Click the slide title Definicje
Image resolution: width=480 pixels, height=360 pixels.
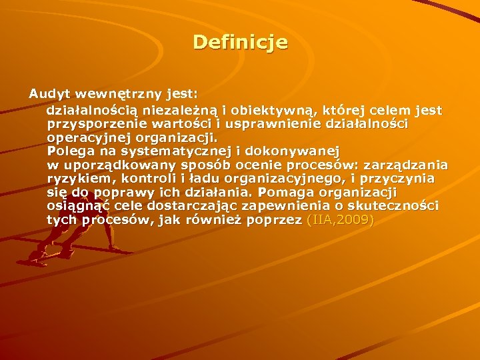(x=240, y=43)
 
